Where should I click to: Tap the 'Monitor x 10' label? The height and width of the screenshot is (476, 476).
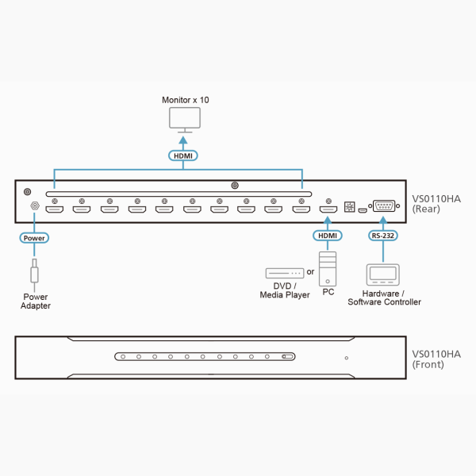[186, 100]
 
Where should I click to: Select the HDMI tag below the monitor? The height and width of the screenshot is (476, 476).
[183, 155]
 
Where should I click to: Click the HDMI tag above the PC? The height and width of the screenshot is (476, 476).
[327, 236]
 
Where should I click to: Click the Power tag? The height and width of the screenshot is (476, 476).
[34, 237]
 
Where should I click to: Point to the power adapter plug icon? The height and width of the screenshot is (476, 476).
[34, 271]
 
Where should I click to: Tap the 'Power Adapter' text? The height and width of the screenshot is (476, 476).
[36, 301]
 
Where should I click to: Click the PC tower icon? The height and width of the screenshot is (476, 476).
[327, 267]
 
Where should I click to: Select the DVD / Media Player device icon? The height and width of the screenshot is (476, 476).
[285, 273]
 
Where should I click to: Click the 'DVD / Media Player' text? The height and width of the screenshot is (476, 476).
[285, 290]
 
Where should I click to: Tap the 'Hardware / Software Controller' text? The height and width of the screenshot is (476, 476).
[384, 297]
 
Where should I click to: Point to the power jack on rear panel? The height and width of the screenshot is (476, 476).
[34, 207]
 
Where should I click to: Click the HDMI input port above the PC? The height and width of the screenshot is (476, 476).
[327, 210]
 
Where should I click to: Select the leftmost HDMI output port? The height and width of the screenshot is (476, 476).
[54, 210]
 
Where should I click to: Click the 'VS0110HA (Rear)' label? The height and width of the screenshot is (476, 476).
[436, 204]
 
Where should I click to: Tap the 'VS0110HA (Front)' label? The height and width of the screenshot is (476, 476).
[436, 359]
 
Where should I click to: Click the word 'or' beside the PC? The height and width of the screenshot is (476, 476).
[310, 272]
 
